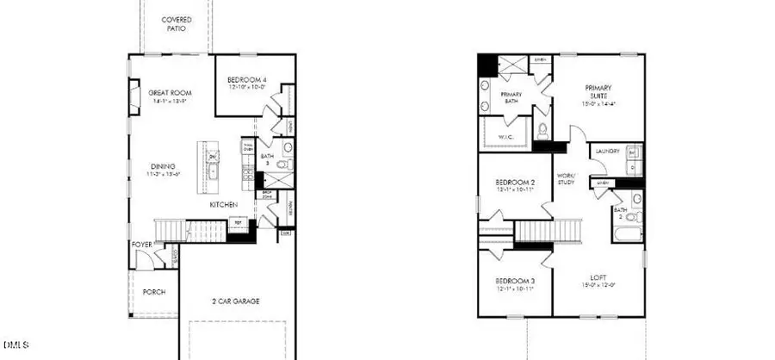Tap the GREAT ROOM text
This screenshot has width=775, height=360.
click(x=169, y=93)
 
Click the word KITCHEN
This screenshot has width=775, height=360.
click(x=225, y=206)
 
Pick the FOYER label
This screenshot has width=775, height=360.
click(x=142, y=245)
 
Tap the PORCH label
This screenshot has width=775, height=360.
click(x=155, y=291)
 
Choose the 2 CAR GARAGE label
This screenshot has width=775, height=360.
click(x=235, y=301)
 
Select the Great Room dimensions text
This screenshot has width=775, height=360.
click(x=169, y=102)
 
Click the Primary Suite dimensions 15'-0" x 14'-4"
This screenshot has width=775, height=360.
click(x=598, y=104)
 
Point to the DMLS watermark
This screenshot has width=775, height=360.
click(x=15, y=345)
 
